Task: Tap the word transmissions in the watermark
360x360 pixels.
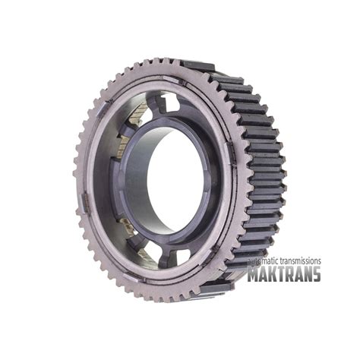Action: coord(298,261)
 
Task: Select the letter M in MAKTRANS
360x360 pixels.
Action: coord(254,273)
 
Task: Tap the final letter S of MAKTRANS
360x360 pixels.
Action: coord(317,273)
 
